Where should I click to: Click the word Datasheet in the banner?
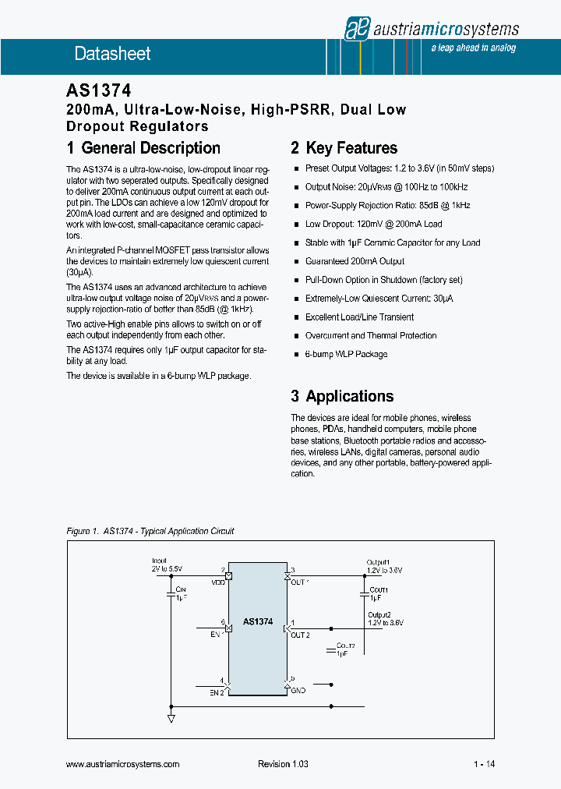coord(112,54)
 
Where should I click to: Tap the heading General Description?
coord(143,148)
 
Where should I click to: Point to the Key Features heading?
coord(344,148)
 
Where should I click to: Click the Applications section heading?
coord(342,396)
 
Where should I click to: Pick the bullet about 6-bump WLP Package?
coord(346,355)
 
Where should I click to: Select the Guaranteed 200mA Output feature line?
coord(355,261)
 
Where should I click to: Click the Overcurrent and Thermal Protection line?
coord(371,336)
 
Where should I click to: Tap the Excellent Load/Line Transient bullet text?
coord(359,317)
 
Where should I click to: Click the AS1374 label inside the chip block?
coord(258,621)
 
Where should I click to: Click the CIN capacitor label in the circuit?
coord(181,589)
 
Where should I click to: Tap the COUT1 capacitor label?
coord(379,590)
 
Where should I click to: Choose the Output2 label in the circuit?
coord(379,614)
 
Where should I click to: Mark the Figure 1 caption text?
coord(150,531)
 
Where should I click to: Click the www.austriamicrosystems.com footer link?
coord(123,764)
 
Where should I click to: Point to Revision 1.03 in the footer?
coord(283,764)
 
